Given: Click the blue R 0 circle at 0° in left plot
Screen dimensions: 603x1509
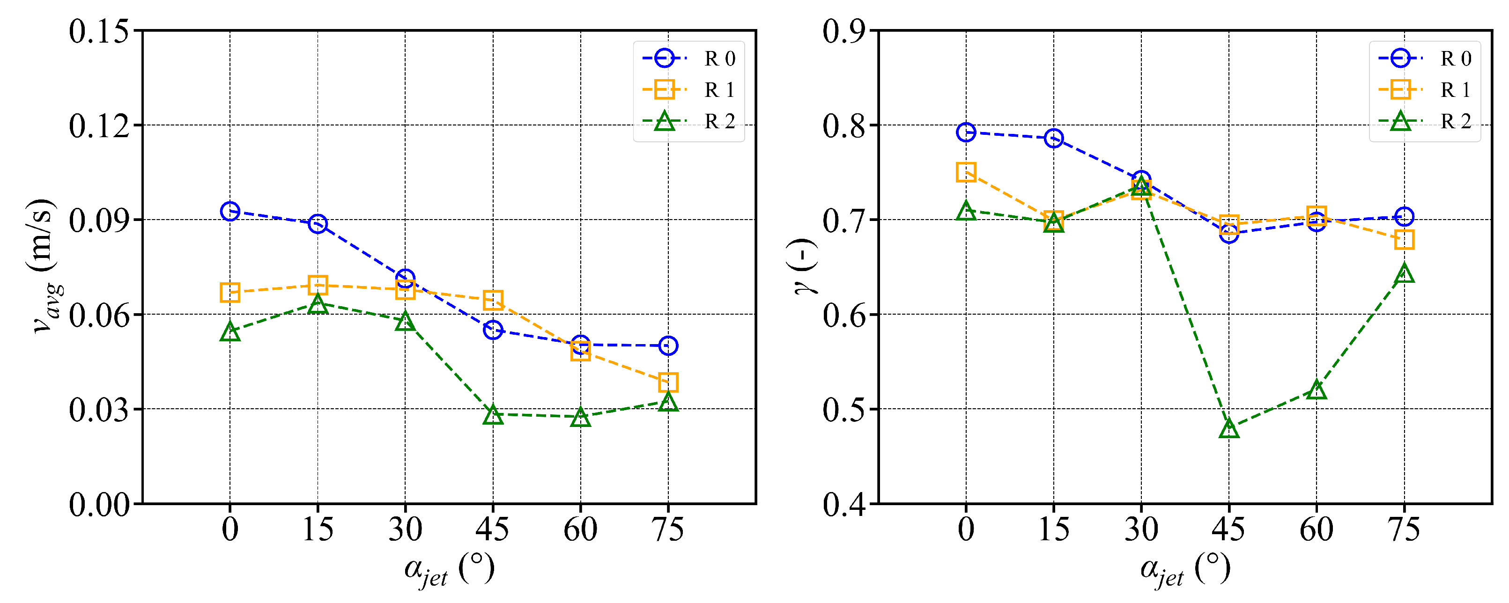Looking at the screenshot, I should [x=229, y=211].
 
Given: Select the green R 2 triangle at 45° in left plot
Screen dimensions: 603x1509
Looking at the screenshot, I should [x=493, y=414].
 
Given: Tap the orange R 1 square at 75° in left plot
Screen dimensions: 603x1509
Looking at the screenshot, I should [x=668, y=382].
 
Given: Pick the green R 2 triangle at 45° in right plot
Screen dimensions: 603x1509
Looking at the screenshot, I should [x=1228, y=428].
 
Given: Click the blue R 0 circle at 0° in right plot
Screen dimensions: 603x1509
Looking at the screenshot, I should [x=966, y=132].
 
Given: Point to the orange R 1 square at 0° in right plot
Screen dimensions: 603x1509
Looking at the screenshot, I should [x=966, y=172].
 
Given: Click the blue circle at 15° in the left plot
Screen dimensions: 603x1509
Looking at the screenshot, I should [x=318, y=224].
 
